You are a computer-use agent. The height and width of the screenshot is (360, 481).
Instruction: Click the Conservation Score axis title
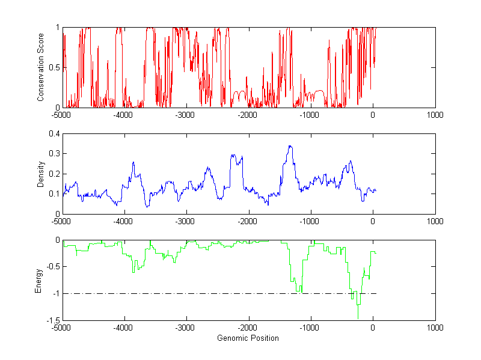(41, 67)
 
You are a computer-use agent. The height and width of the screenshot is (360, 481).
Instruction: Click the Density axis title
(41, 174)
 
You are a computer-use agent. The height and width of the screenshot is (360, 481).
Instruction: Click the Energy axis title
(38, 280)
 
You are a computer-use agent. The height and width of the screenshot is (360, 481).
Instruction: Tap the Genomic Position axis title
(248, 338)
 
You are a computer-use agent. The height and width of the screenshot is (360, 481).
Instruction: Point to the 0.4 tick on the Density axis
(54, 134)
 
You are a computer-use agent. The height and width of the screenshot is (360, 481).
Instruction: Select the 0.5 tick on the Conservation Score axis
(54, 67)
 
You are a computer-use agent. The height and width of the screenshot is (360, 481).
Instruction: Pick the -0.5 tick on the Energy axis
(53, 267)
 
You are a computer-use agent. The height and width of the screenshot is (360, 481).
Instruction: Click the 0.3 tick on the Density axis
(54, 154)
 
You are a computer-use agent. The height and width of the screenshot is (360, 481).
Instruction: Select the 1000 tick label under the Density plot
(435, 221)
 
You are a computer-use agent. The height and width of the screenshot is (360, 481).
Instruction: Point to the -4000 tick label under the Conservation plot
(124, 115)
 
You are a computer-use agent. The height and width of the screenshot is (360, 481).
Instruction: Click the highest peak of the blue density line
(290, 146)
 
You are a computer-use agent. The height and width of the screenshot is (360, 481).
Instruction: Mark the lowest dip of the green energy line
(358, 318)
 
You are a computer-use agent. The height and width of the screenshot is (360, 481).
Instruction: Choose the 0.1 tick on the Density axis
(54, 194)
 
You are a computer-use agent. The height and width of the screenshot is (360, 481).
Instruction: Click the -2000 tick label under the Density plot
(248, 221)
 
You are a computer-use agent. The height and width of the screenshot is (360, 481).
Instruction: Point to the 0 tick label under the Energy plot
(373, 328)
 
